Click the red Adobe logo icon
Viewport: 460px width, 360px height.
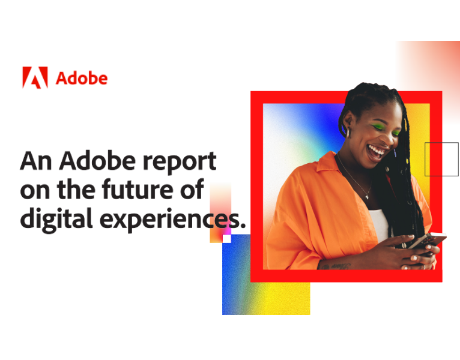click(35, 78)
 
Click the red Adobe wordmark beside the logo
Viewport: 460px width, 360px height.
click(81, 78)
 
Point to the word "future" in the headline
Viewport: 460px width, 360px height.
click(138, 190)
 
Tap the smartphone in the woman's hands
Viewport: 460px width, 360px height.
click(428, 242)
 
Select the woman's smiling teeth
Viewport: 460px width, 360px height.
click(376, 148)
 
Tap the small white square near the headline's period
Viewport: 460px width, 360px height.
click(226, 238)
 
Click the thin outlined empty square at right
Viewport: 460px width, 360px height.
click(441, 160)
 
